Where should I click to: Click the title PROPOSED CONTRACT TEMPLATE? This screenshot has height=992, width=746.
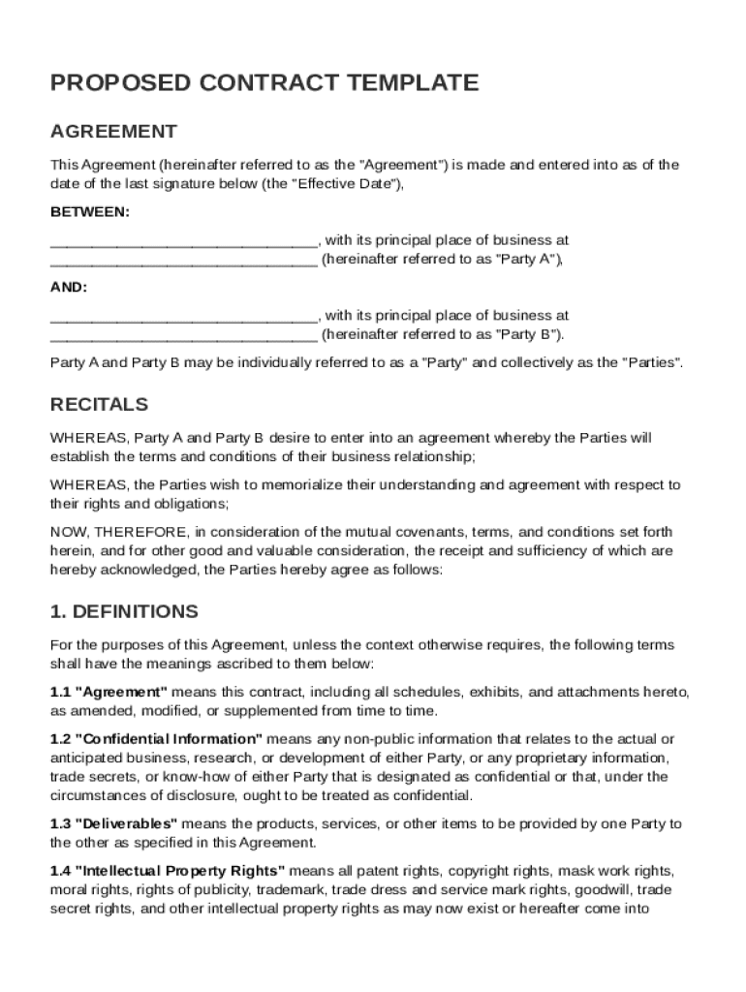tap(264, 83)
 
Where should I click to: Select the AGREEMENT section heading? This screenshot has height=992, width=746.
tap(113, 131)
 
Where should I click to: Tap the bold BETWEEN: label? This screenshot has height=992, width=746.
tap(89, 211)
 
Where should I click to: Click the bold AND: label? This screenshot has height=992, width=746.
tap(69, 287)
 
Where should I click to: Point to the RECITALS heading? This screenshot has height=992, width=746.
tap(99, 404)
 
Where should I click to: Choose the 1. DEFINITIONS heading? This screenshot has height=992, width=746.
tap(124, 611)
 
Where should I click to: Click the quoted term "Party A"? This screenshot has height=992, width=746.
tap(527, 259)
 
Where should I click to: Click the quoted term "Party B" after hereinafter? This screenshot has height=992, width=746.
tap(527, 334)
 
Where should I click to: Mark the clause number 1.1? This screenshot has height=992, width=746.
tap(60, 692)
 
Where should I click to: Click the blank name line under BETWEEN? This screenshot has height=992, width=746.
tap(183, 240)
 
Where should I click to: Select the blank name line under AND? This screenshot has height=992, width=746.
tap(183, 316)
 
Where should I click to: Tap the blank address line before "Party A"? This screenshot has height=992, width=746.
tap(183, 260)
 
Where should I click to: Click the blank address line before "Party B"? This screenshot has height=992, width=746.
tap(183, 335)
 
